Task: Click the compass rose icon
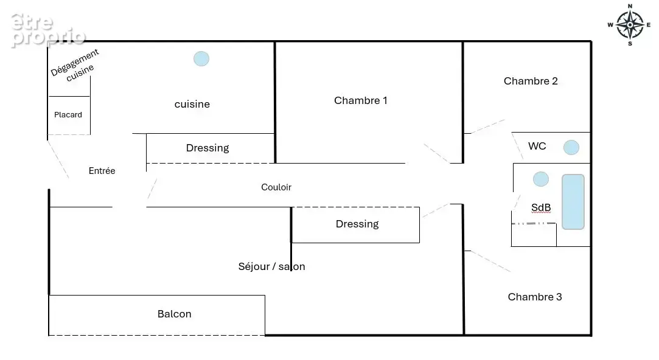(x=630, y=25)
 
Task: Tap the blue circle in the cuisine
(x=201, y=58)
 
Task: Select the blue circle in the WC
(x=571, y=147)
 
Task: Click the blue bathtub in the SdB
(x=573, y=202)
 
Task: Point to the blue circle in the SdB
(x=541, y=179)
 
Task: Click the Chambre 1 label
(x=361, y=100)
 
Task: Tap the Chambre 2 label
(x=531, y=81)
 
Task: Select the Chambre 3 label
(x=535, y=297)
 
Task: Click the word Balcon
(x=175, y=314)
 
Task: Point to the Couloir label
(x=276, y=187)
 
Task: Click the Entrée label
(x=102, y=170)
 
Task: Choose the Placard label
(x=68, y=115)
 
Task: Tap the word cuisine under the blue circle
(x=192, y=104)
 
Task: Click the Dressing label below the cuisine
(x=207, y=148)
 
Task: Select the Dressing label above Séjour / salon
(x=357, y=224)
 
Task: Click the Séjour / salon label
(x=271, y=266)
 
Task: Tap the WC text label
(x=537, y=146)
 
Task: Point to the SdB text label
(x=541, y=207)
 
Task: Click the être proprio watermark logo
(x=48, y=30)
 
